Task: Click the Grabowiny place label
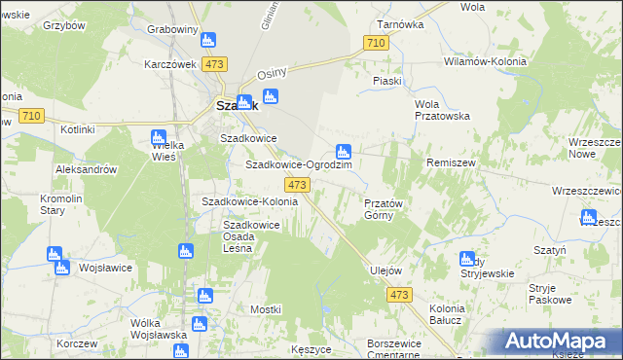point(172,29)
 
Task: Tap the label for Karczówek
point(170,64)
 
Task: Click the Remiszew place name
point(450,162)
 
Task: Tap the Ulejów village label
point(386,270)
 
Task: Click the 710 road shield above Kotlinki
point(30,116)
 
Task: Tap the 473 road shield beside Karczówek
point(215,64)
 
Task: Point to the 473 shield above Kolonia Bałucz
point(398,295)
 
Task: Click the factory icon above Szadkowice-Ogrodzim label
point(343,152)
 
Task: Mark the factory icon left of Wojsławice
point(55,255)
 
